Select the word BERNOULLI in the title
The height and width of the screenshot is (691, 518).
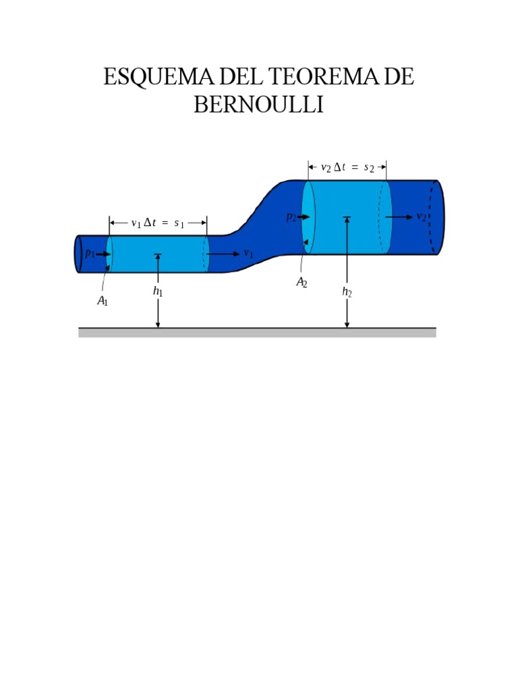click(258, 105)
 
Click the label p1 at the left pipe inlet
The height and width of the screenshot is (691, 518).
click(89, 254)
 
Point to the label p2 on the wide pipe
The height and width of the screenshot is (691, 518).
click(290, 217)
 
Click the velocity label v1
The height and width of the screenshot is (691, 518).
click(248, 254)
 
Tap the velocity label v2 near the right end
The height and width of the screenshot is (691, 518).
click(421, 217)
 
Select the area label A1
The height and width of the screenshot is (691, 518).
click(103, 301)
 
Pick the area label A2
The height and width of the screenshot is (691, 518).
click(301, 282)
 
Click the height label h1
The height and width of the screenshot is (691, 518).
click(158, 292)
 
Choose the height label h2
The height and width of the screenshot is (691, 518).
click(347, 292)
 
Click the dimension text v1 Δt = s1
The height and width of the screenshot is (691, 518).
click(158, 223)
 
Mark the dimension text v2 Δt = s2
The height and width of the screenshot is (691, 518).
click(347, 168)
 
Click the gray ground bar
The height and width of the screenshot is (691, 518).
click(257, 333)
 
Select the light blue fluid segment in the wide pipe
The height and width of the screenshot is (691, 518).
click(347, 217)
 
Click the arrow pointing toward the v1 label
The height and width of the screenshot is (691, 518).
click(223, 254)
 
